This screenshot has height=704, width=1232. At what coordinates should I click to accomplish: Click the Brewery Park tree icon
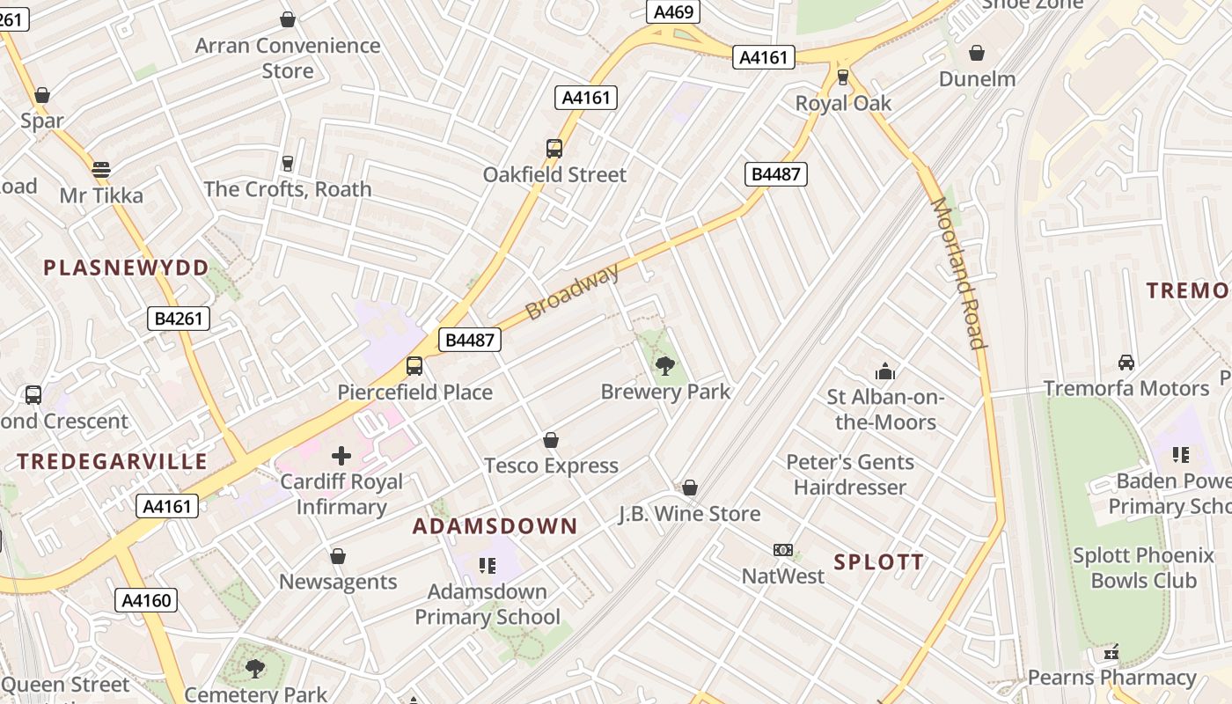point(665,365)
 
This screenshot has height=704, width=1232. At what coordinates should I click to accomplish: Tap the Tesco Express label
point(551,466)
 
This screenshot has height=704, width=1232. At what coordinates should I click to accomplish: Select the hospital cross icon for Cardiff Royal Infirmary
point(341,455)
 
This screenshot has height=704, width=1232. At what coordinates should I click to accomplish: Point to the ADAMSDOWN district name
point(495,526)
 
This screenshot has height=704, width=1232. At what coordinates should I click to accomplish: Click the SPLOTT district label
point(878,562)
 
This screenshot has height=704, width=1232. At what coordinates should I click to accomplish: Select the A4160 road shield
point(146,601)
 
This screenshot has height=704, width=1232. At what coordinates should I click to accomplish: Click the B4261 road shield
point(179,319)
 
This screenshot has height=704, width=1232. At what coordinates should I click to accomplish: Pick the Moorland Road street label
point(957,273)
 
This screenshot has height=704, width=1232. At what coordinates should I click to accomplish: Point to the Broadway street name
point(573,291)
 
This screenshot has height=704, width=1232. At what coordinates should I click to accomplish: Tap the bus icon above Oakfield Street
point(554,149)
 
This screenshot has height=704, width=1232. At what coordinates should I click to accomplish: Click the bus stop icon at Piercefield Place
point(414,366)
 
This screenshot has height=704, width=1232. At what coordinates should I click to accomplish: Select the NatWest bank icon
point(782,550)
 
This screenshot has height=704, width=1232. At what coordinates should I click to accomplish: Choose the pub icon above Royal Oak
point(843,77)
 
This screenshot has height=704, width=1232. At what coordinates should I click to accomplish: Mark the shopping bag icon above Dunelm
point(976,53)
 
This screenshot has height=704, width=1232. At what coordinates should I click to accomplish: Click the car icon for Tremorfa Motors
point(1126,363)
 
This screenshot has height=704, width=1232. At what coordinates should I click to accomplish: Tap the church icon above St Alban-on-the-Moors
point(884,371)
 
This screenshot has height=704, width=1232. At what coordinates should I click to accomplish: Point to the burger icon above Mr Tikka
point(101,169)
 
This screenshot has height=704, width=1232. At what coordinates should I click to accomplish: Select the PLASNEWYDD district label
point(127,268)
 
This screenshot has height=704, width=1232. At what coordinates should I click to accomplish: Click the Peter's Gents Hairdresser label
point(849,474)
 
